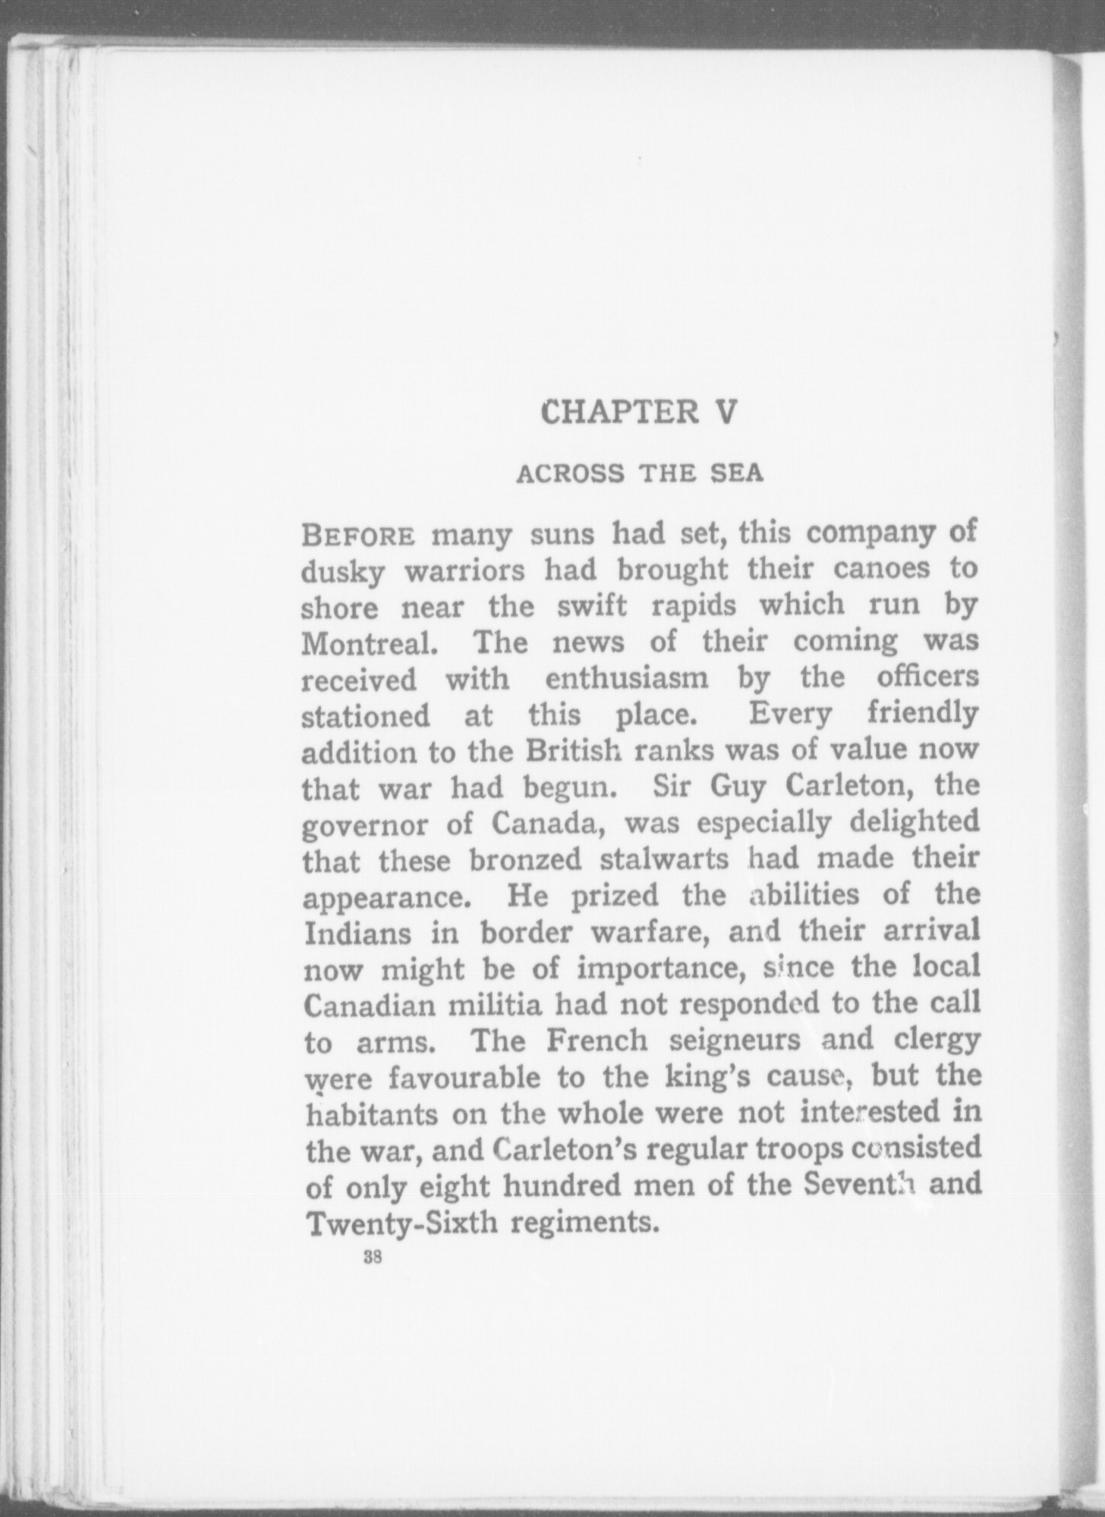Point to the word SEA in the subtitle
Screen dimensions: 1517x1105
coord(735,473)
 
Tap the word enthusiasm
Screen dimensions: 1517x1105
coord(626,677)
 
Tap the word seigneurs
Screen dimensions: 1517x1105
coord(735,1042)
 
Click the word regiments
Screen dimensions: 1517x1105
coord(581,1226)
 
